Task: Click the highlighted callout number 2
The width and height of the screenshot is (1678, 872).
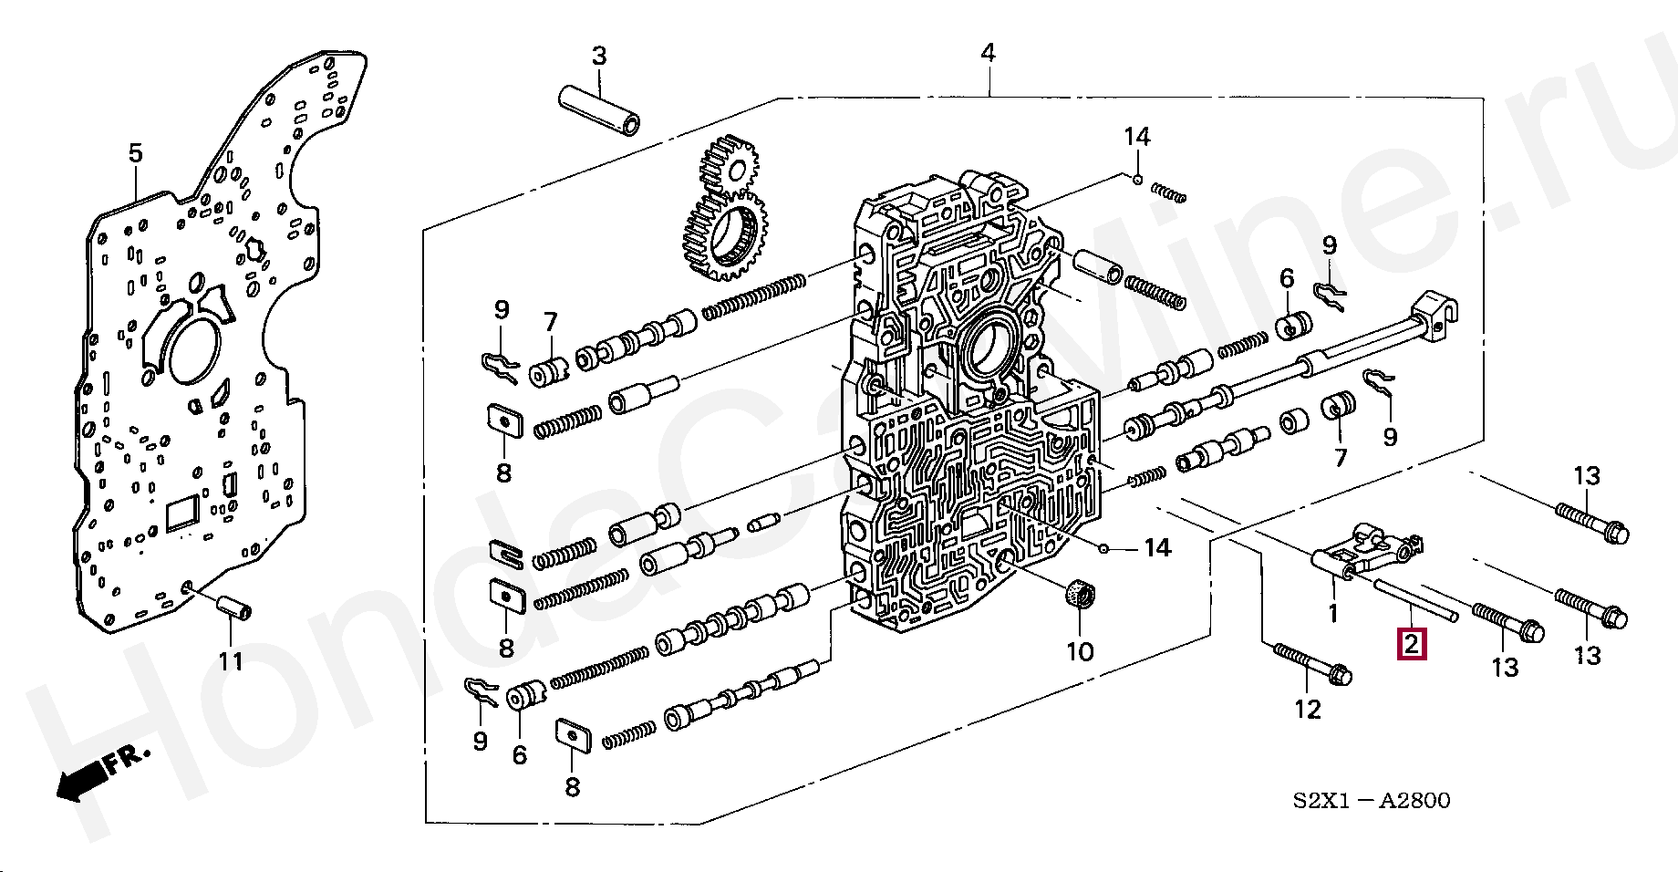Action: click(x=1411, y=644)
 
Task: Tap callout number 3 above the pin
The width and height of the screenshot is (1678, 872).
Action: click(x=598, y=57)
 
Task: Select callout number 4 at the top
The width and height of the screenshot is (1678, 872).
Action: click(x=988, y=53)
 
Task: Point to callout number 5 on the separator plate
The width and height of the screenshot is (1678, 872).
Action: click(x=135, y=153)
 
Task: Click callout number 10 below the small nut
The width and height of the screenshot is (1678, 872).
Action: click(x=1080, y=651)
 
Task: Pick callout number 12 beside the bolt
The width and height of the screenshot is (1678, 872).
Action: click(x=1308, y=709)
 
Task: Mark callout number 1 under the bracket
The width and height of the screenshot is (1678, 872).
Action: click(x=1332, y=614)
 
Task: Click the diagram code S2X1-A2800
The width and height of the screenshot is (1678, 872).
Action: click(x=1371, y=801)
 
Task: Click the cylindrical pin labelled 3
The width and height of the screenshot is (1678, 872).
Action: click(x=598, y=109)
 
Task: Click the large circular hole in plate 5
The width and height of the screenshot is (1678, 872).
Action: click(x=193, y=348)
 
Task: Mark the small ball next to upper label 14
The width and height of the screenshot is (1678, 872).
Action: click(x=1138, y=179)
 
